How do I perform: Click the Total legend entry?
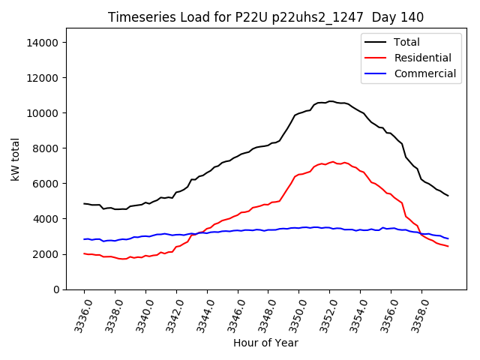[x=406, y=42]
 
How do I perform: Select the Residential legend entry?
[x=422, y=58]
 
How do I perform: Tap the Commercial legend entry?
[x=424, y=73]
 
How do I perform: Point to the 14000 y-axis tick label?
[x=43, y=43]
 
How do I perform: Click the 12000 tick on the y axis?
[x=43, y=78]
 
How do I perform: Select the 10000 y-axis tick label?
[x=43, y=113]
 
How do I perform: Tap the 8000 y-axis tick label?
[x=46, y=148]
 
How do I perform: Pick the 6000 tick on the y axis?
[x=46, y=184]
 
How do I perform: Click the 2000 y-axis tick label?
[x=46, y=254]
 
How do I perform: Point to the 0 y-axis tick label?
[x=55, y=289]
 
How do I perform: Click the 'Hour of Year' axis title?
[x=265, y=343]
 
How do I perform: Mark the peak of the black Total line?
[x=330, y=101]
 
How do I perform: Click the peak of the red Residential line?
[x=332, y=161]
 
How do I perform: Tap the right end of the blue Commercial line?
[x=448, y=238]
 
